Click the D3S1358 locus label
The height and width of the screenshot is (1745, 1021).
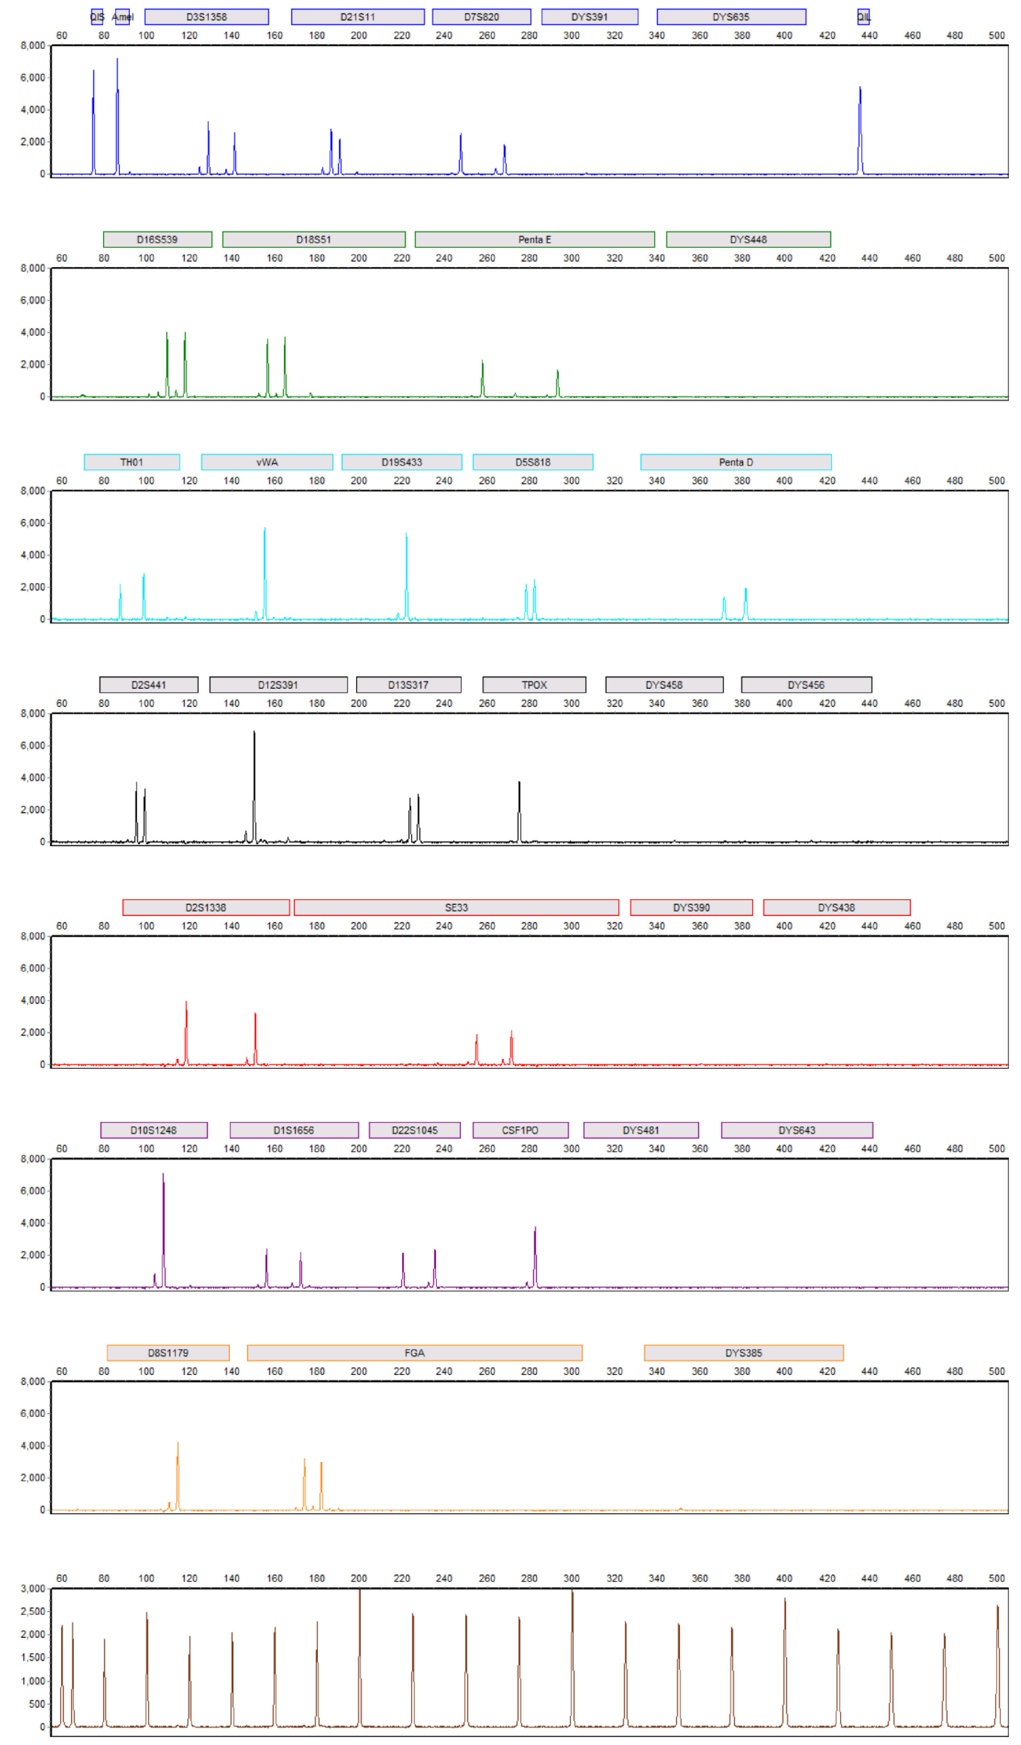coord(206,16)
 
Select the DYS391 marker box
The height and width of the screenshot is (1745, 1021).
coord(590,16)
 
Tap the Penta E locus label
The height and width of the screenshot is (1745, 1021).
coord(534,240)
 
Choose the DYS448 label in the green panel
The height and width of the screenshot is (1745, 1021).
coord(748,240)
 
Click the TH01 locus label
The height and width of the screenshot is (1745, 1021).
coord(132,462)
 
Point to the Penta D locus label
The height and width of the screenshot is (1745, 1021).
coord(735,462)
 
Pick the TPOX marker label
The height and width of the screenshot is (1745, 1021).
coord(534,685)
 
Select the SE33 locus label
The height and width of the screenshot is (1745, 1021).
coord(456,907)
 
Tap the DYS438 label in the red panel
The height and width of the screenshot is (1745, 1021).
coord(836,907)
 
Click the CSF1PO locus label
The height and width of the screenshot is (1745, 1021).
coord(520,1130)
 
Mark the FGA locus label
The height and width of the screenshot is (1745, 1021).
coord(414,1352)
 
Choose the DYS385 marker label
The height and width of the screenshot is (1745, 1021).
coord(743,1352)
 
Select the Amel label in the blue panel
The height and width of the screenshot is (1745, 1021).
coord(123,16)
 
